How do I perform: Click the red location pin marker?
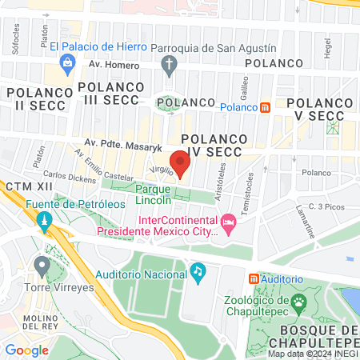tap(182, 164)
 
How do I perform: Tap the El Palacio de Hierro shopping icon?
tap(68, 62)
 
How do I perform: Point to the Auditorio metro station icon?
tap(254, 278)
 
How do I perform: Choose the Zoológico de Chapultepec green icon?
tap(300, 302)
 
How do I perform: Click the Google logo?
tap(27, 350)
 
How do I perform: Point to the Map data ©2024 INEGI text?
tap(312, 354)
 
